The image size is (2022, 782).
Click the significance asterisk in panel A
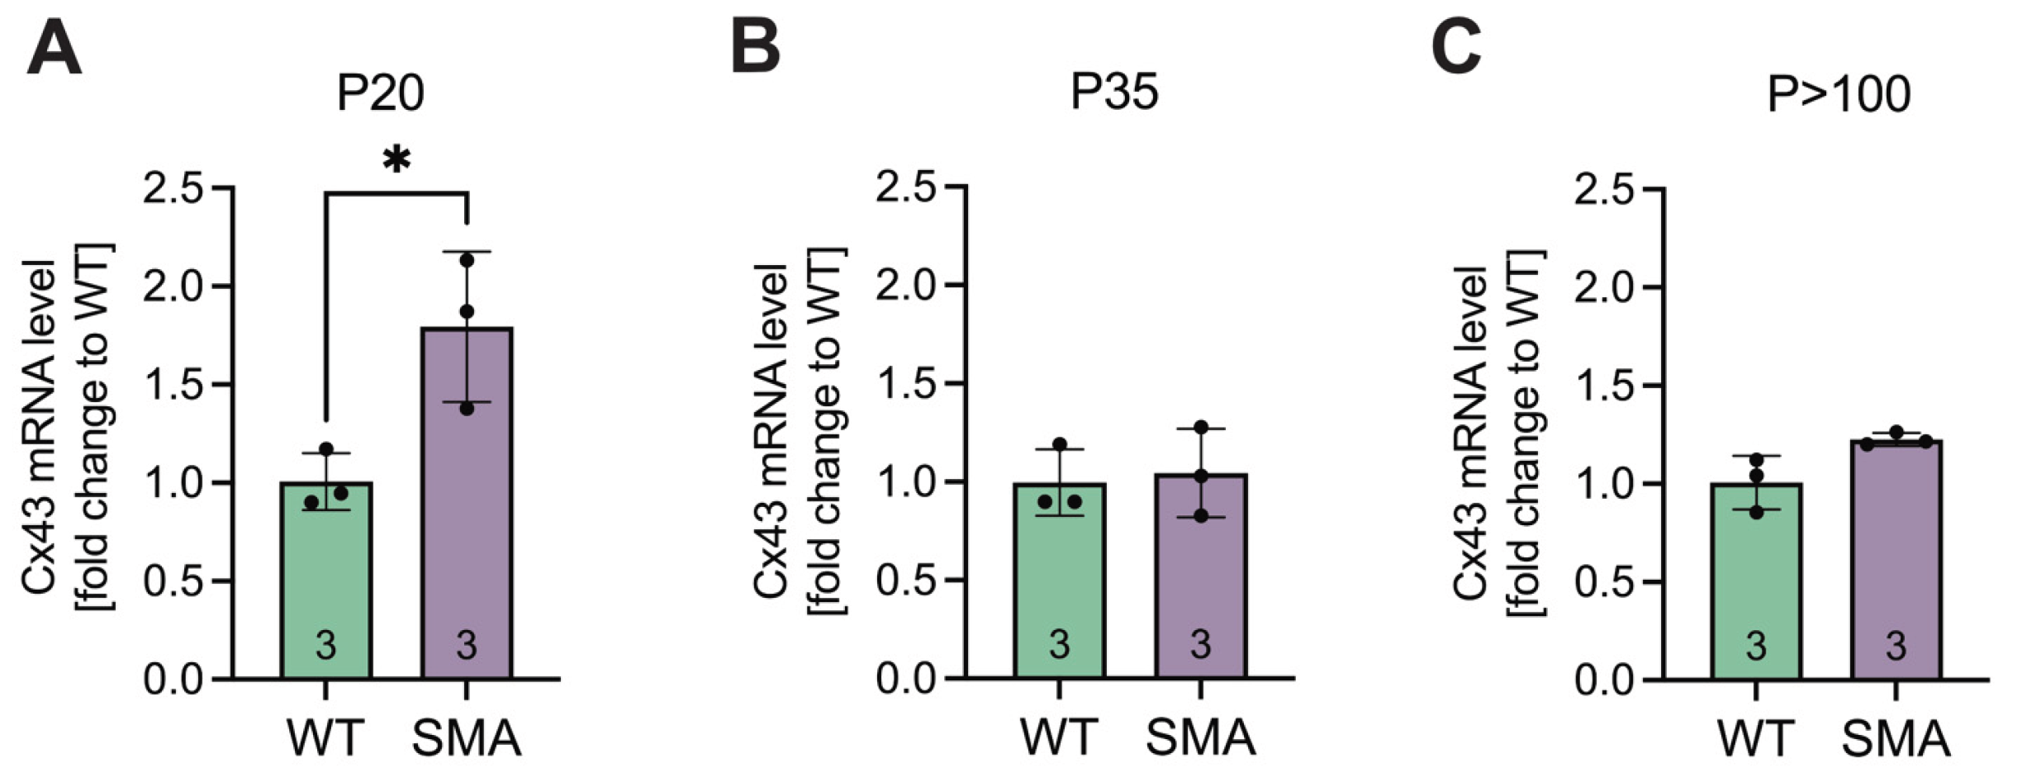[x=396, y=159]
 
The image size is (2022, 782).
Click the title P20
[x=380, y=93]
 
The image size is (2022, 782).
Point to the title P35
[x=1114, y=92]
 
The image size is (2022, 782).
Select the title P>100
[x=1838, y=95]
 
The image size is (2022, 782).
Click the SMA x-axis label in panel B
[x=1200, y=737]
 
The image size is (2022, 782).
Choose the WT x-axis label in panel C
[x=1756, y=739]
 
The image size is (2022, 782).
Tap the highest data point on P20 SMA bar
[x=467, y=260]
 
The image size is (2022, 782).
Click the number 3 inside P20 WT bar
[x=326, y=645]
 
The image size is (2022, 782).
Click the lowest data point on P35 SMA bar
[x=1201, y=516]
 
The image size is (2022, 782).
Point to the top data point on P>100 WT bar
[x=1757, y=459]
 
